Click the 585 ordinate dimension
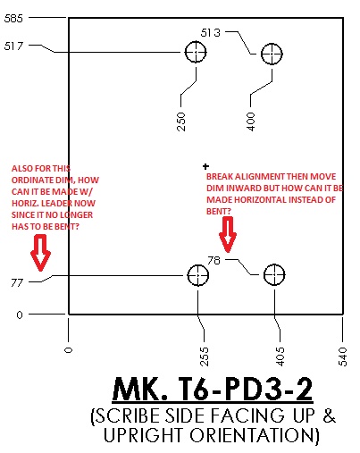(13, 19)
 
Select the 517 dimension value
(13, 46)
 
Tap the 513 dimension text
(211, 32)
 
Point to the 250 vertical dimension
(181, 122)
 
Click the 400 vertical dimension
(251, 122)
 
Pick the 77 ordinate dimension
(17, 282)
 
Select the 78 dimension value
(213, 261)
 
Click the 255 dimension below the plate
(204, 357)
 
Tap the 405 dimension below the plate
(280, 357)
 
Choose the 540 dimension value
(343, 357)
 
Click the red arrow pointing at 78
(228, 234)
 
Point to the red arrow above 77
(40, 253)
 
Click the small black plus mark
(205, 166)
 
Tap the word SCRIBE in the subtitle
(128, 415)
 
